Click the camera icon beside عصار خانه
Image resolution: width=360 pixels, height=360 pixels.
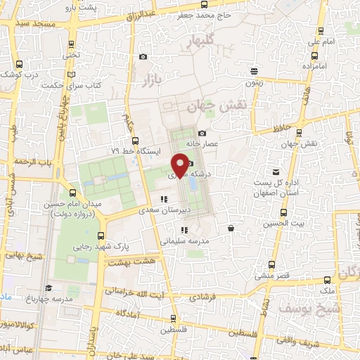(202, 134)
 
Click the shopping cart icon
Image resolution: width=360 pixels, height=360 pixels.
(231, 228)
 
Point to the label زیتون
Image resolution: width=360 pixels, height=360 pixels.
(254, 82)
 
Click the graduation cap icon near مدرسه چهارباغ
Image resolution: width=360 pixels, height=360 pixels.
(49, 288)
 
